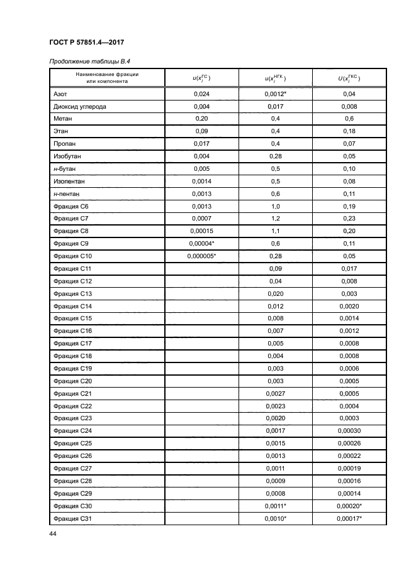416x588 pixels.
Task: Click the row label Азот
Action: (x=60, y=94)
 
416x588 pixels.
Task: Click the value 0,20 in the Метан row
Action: (x=201, y=119)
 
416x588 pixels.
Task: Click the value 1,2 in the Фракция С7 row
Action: (x=275, y=219)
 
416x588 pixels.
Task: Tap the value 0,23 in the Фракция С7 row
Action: (x=349, y=219)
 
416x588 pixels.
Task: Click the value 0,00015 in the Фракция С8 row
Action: (x=201, y=231)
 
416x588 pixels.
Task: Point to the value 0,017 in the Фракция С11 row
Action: (x=349, y=269)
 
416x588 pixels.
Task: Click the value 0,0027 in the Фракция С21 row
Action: (x=275, y=393)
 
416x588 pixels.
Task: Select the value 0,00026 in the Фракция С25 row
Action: (x=349, y=443)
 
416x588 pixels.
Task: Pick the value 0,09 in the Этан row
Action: (x=201, y=131)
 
